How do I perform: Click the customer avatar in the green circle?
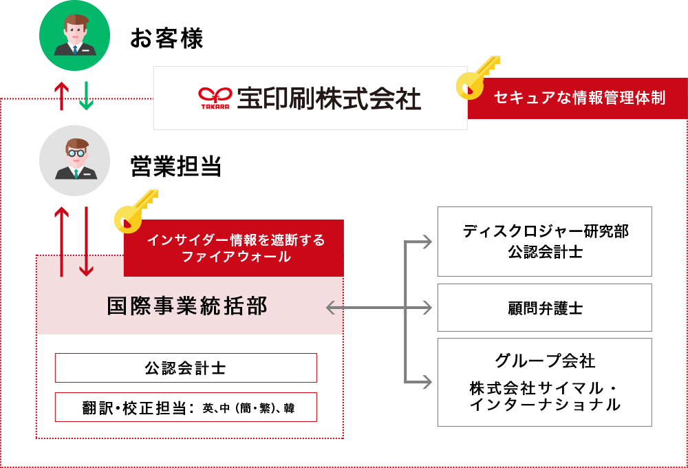[74, 36]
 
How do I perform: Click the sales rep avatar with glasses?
[74, 160]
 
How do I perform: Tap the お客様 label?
[166, 38]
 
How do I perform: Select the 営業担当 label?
[175, 167]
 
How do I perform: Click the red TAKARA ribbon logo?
[215, 98]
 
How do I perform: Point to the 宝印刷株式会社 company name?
[329, 98]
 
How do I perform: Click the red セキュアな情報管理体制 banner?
[578, 98]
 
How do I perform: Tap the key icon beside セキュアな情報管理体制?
[477, 77]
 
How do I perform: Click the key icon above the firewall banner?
[135, 211]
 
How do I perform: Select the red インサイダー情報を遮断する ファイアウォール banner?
[234, 248]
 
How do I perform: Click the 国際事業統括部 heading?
[187, 306]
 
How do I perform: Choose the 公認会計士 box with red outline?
[186, 368]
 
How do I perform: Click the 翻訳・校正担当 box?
[186, 407]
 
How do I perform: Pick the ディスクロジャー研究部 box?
[544, 242]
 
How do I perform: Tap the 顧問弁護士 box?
[544, 308]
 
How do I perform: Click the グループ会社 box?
[544, 382]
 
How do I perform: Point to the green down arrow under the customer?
[86, 96]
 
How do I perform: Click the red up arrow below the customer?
[61, 96]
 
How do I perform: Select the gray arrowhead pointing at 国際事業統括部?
[332, 308]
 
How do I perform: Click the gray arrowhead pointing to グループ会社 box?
[427, 382]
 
